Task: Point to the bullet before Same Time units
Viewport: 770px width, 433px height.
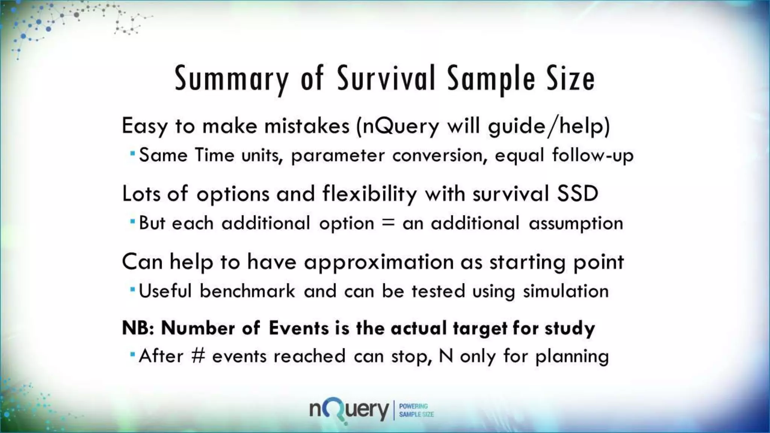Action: point(132,154)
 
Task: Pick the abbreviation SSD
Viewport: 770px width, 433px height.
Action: point(577,194)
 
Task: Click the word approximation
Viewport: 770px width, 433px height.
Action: point(379,262)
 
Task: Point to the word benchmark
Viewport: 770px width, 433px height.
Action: point(247,291)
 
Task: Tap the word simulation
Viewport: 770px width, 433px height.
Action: point(565,291)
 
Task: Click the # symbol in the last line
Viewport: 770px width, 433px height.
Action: point(198,356)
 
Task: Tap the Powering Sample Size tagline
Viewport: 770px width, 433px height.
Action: point(416,410)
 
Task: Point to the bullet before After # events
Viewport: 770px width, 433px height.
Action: point(132,354)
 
